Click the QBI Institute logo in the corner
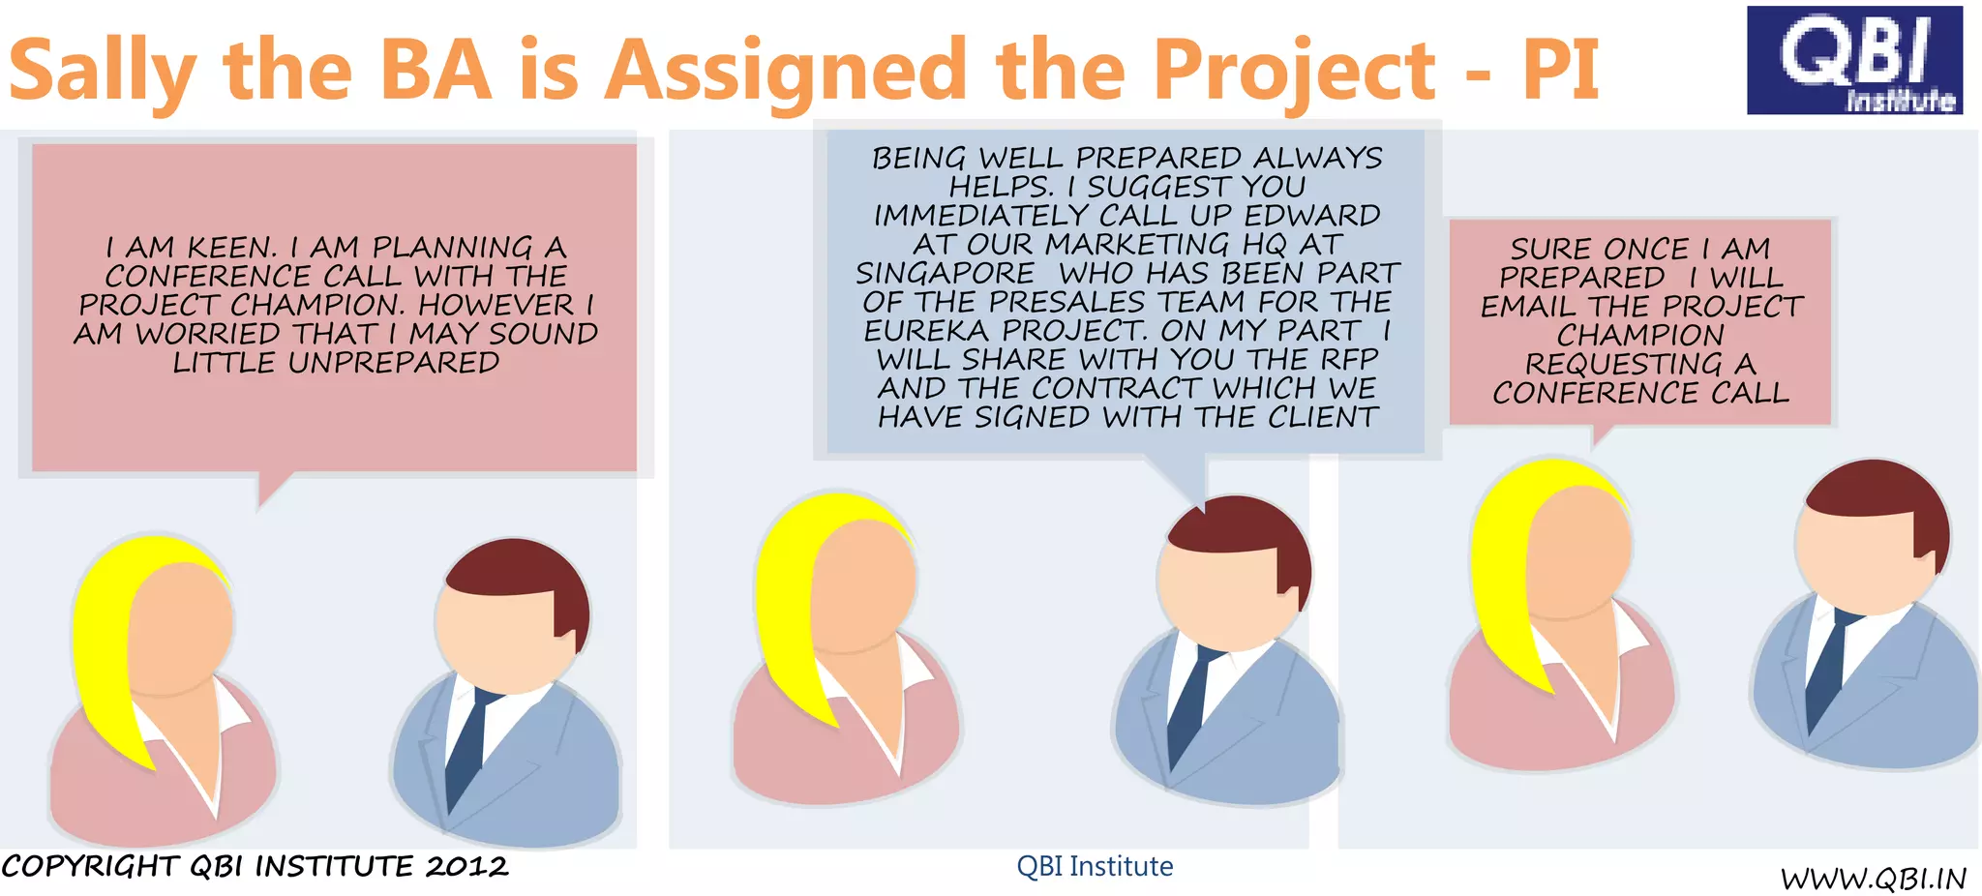(1853, 60)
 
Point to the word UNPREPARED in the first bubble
(393, 363)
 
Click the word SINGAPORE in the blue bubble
(945, 274)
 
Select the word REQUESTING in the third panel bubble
(1624, 365)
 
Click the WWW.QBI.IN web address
(1873, 878)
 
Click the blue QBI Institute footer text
(1095, 866)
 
